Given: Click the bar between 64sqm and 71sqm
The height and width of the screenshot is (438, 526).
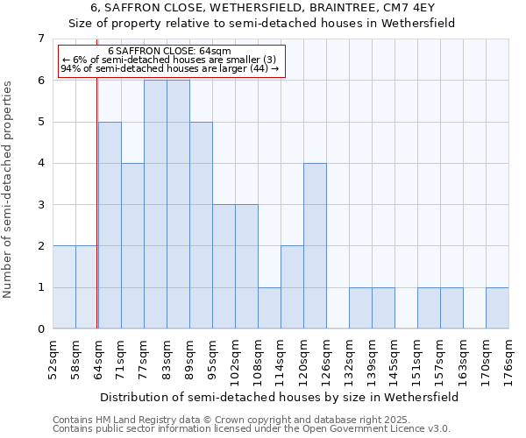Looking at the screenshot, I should click(110, 225).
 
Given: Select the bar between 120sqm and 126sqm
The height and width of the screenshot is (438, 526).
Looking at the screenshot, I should click(315, 246).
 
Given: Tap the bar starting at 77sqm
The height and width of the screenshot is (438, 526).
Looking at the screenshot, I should click(155, 204).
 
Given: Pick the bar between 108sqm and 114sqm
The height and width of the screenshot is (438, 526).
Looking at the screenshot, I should click(269, 308).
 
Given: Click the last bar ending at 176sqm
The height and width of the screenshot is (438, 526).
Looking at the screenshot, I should click(497, 308).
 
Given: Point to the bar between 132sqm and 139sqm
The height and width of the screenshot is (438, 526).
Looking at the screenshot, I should click(360, 308).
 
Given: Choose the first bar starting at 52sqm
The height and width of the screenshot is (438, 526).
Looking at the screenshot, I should click(64, 287).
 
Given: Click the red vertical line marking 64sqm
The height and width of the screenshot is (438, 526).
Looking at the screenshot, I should click(96, 193).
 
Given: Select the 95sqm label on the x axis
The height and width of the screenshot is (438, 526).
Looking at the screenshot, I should click(213, 356).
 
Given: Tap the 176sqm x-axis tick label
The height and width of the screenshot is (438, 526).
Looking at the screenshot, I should click(509, 356).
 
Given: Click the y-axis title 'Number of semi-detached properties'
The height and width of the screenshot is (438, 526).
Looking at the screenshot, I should click(10, 189).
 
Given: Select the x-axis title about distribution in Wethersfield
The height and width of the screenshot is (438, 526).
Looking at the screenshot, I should click(281, 397).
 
